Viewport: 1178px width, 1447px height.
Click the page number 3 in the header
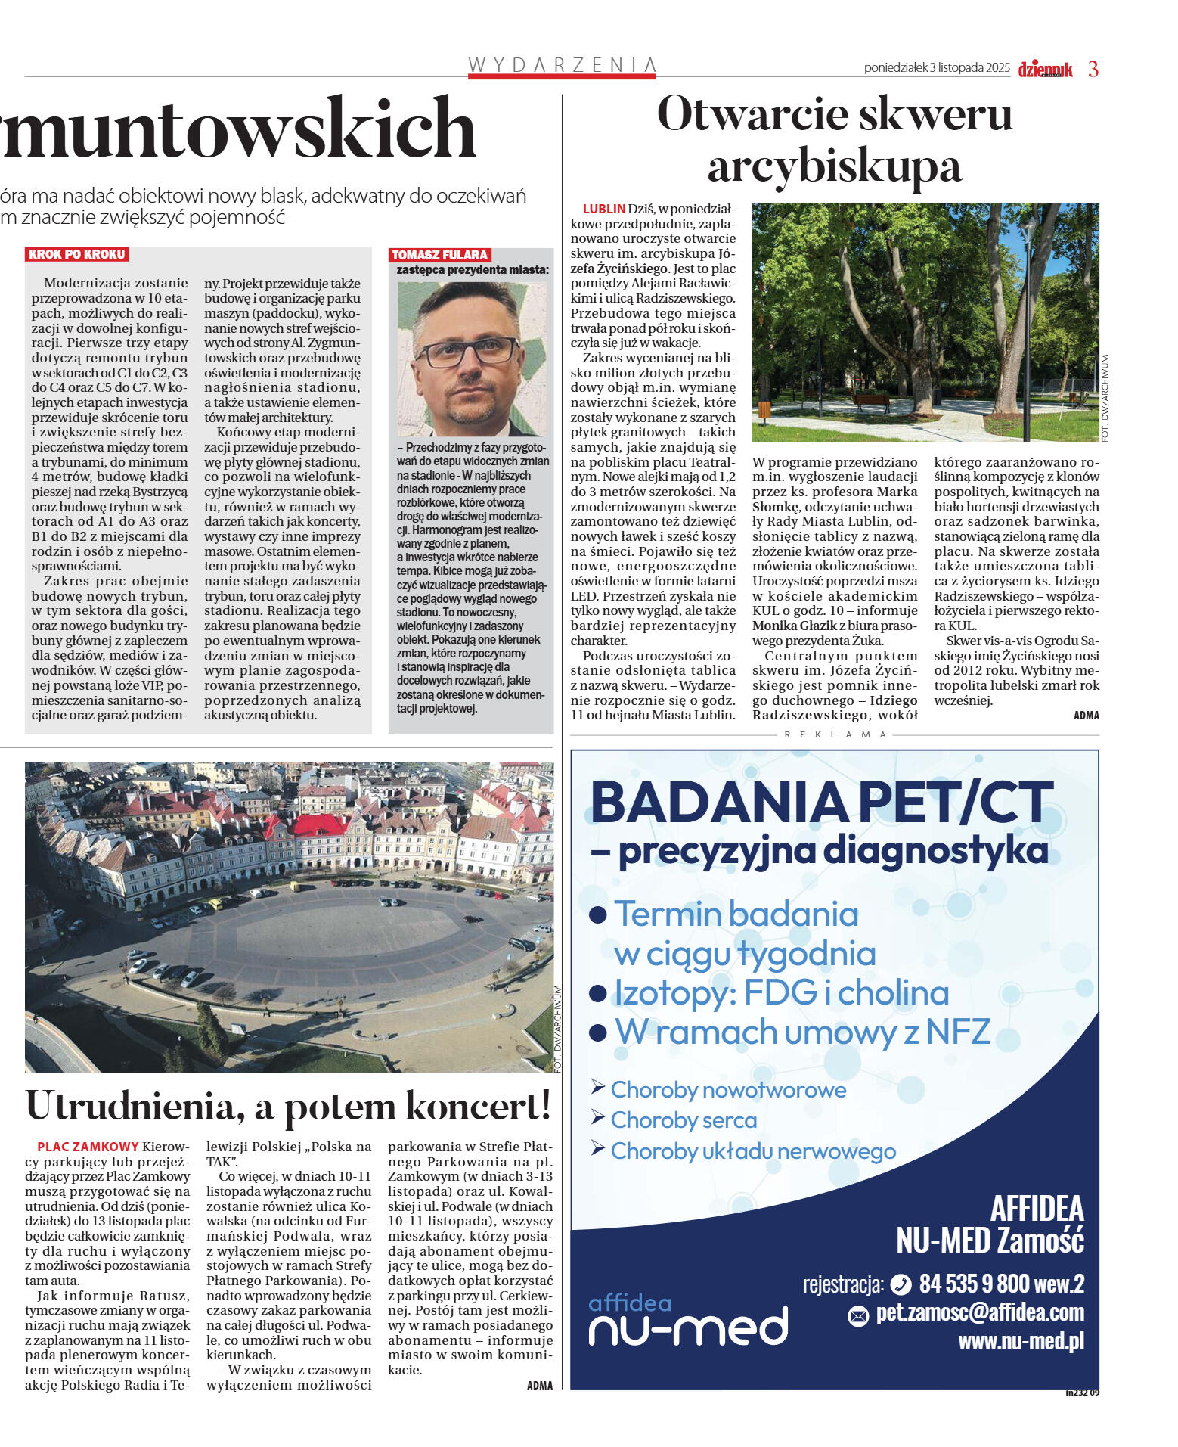pyautogui.click(x=1093, y=69)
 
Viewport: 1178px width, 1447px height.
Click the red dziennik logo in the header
pyautogui.click(x=1045, y=70)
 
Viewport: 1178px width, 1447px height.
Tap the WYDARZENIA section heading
pyautogui.click(x=562, y=65)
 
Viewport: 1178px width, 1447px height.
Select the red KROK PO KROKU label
pyautogui.click(x=76, y=254)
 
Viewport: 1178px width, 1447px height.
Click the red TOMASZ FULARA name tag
pyautogui.click(x=439, y=255)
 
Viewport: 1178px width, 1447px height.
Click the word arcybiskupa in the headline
pyautogui.click(x=834, y=166)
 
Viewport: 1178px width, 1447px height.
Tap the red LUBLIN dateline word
pyautogui.click(x=603, y=209)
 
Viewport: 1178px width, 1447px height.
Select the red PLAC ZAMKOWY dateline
pyautogui.click(x=88, y=1147)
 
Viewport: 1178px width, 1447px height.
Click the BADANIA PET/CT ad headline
pyautogui.click(x=821, y=803)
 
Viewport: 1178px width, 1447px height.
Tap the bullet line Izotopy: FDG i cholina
pyautogui.click(x=781, y=992)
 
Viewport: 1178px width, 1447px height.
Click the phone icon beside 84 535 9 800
pyautogui.click(x=901, y=1284)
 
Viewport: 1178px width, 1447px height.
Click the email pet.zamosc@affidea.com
pyautogui.click(x=979, y=1312)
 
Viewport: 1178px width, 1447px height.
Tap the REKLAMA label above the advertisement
pyautogui.click(x=835, y=734)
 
